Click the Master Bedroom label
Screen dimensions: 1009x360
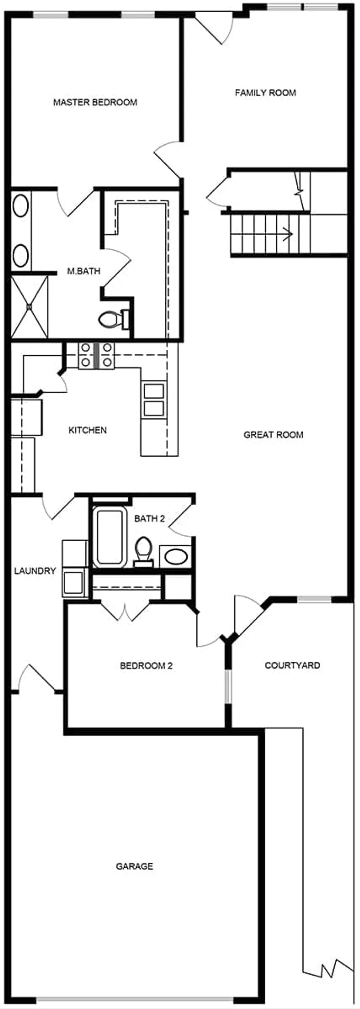coord(95,102)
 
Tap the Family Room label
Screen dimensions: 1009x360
coord(265,92)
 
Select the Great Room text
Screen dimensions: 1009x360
coord(273,435)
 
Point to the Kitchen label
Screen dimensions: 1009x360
coord(87,430)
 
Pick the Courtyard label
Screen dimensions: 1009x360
coord(292,665)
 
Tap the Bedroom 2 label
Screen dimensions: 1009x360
coord(146,665)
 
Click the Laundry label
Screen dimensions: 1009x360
coord(35,571)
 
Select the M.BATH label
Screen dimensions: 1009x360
coord(84,271)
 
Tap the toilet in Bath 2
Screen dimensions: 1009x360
coord(143,549)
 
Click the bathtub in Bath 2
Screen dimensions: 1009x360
coord(110,537)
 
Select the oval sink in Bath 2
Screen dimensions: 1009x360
coord(176,557)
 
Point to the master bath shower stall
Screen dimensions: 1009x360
coord(29,306)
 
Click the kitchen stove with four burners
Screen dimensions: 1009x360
coord(97,355)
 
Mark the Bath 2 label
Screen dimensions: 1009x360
coord(149,519)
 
